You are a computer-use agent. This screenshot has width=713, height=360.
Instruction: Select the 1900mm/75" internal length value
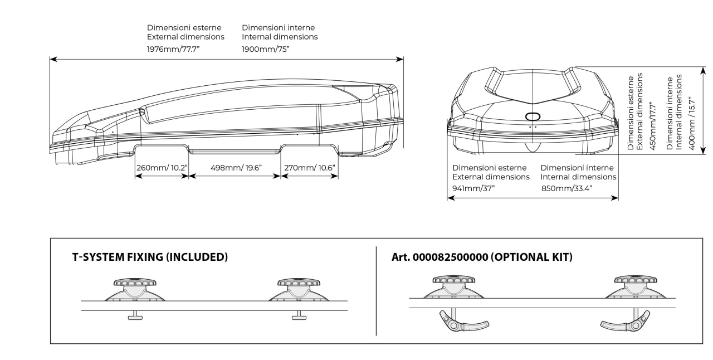click(265, 50)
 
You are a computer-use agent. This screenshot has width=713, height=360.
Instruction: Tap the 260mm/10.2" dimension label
click(162, 167)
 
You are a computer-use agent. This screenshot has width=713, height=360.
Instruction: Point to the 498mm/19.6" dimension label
click(235, 167)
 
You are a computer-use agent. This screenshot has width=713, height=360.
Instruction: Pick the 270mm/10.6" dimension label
click(310, 167)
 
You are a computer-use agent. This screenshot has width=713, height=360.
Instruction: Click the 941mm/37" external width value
click(473, 188)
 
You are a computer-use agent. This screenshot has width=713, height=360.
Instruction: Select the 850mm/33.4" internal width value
click(567, 188)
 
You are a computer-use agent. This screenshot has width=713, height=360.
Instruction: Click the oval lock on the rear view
click(533, 116)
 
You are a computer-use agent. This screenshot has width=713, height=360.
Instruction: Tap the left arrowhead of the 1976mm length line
click(51, 58)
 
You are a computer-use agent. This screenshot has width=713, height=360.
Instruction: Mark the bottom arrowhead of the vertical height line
click(703, 150)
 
